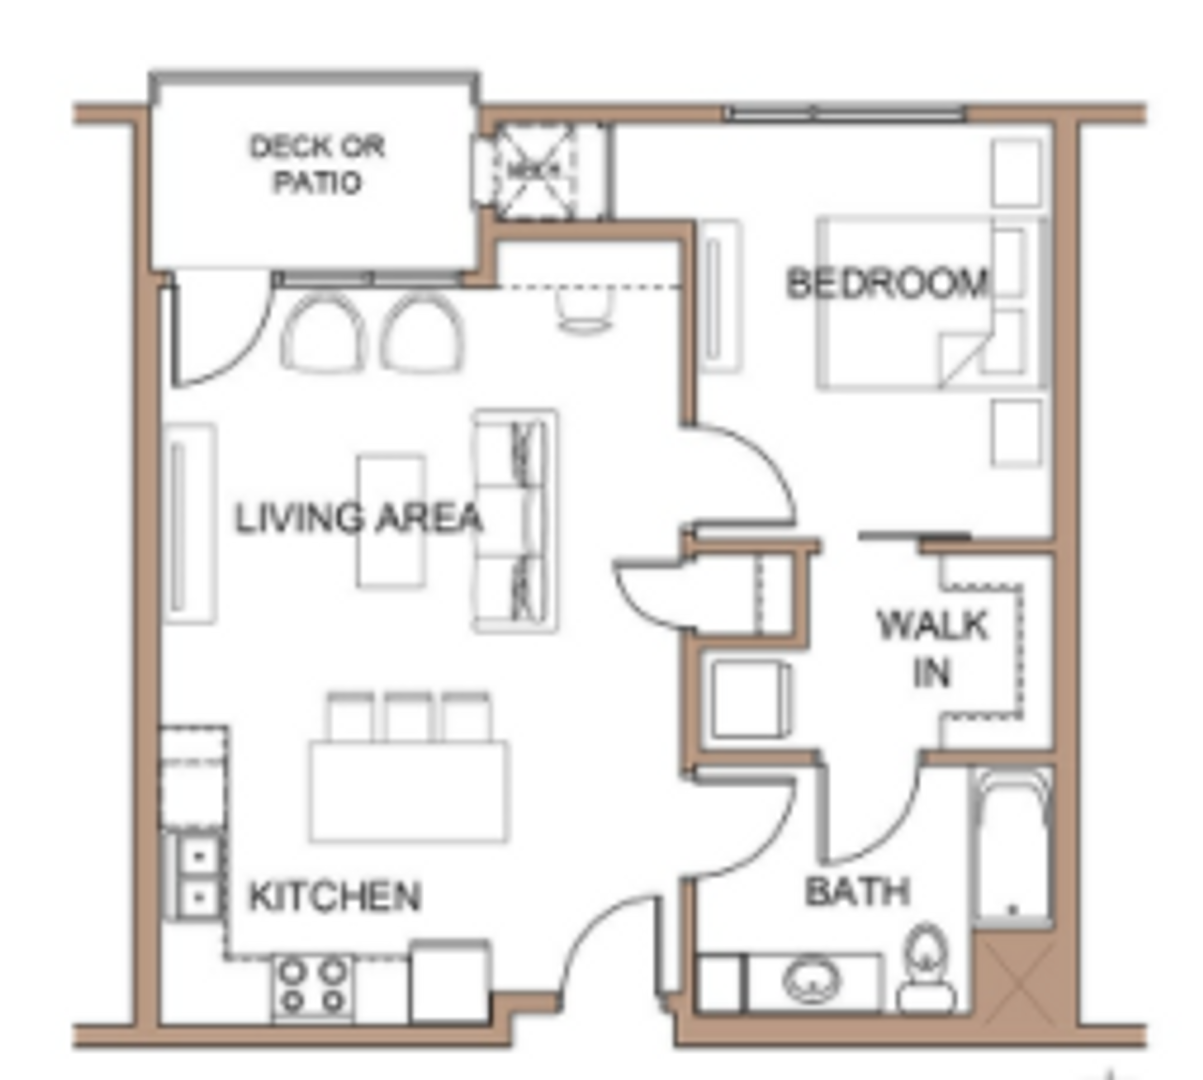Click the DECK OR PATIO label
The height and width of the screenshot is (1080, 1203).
[x=316, y=164]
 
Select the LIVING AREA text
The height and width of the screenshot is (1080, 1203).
[x=359, y=518]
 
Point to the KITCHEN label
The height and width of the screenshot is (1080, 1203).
[x=334, y=896]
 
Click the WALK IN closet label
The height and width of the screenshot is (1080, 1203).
[x=932, y=648]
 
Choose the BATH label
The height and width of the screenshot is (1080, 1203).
[x=857, y=891]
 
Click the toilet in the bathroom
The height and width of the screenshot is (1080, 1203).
[x=927, y=968]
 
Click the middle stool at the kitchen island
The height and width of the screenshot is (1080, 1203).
[x=409, y=717]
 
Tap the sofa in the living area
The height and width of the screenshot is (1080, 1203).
[x=516, y=520]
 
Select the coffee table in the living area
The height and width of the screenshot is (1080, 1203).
[x=391, y=520]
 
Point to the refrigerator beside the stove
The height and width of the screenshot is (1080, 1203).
[x=449, y=981]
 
